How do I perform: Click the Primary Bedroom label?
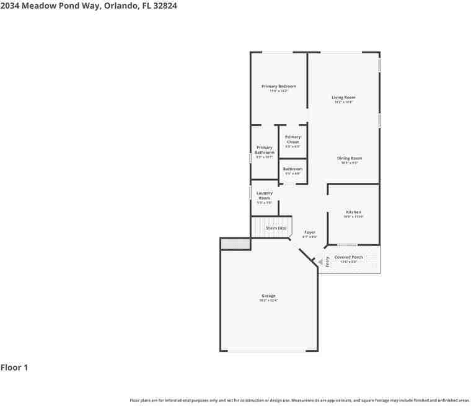(278, 86)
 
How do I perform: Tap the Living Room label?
(343, 97)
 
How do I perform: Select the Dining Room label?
(350, 158)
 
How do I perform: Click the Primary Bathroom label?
(264, 150)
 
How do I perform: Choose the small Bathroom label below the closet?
(293, 169)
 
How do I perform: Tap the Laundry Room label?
(265, 195)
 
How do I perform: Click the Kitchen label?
(353, 212)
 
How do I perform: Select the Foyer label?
(310, 232)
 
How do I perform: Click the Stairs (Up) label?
(276, 228)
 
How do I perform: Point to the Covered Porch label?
(349, 257)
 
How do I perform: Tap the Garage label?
(268, 296)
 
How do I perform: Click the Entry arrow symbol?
(322, 262)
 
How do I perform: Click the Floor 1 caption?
(14, 368)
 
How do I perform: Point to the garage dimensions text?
(268, 301)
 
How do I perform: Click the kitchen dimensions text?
(353, 217)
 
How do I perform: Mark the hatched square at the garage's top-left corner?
(235, 244)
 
